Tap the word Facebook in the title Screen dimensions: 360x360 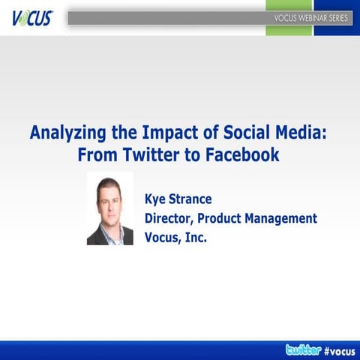click(x=239, y=155)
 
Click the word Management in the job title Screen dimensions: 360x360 click(x=289, y=218)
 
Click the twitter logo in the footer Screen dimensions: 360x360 click(x=303, y=349)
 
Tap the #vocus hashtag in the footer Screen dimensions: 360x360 click(x=340, y=349)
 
